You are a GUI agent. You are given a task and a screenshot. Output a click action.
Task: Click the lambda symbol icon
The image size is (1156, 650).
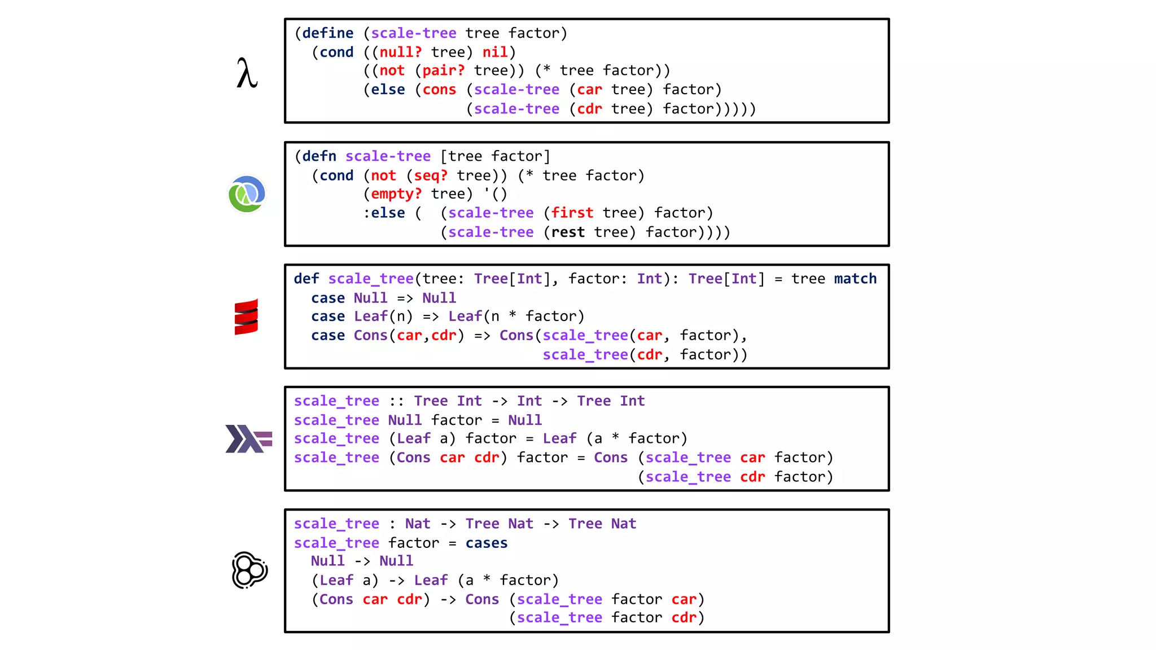(247, 73)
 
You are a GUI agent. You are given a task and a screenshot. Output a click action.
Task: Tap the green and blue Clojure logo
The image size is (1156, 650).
(247, 194)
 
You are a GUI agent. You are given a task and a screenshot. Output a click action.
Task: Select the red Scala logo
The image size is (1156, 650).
(246, 317)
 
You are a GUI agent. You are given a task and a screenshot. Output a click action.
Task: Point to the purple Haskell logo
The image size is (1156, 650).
(248, 439)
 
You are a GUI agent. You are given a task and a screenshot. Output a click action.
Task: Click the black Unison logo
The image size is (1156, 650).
(249, 570)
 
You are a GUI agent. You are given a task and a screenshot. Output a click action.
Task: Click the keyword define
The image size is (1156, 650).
(328, 33)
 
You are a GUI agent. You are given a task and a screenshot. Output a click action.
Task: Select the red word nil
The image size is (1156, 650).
(495, 52)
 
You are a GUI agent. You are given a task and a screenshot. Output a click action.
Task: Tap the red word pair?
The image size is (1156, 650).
(443, 71)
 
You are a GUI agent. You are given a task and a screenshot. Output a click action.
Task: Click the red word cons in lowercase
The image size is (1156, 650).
(439, 90)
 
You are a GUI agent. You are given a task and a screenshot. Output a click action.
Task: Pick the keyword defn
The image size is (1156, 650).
(319, 156)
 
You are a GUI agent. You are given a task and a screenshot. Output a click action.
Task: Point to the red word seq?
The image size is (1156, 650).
(431, 175)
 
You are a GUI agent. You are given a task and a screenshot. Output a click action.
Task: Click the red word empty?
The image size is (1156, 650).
(396, 194)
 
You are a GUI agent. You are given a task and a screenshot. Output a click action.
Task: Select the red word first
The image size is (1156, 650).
(572, 213)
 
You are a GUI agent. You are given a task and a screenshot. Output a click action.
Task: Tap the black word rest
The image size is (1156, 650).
(568, 232)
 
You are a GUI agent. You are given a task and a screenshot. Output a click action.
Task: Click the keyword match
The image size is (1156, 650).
(855, 279)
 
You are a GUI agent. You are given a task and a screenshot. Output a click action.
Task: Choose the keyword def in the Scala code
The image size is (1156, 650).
(306, 279)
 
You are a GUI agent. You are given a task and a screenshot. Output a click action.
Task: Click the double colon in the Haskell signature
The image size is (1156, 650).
(396, 401)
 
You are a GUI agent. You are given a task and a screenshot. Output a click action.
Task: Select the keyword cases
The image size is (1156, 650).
(487, 543)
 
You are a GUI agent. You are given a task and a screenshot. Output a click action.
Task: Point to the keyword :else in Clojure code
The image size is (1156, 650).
(384, 213)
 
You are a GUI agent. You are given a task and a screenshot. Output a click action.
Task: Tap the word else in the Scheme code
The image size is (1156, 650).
(388, 90)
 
